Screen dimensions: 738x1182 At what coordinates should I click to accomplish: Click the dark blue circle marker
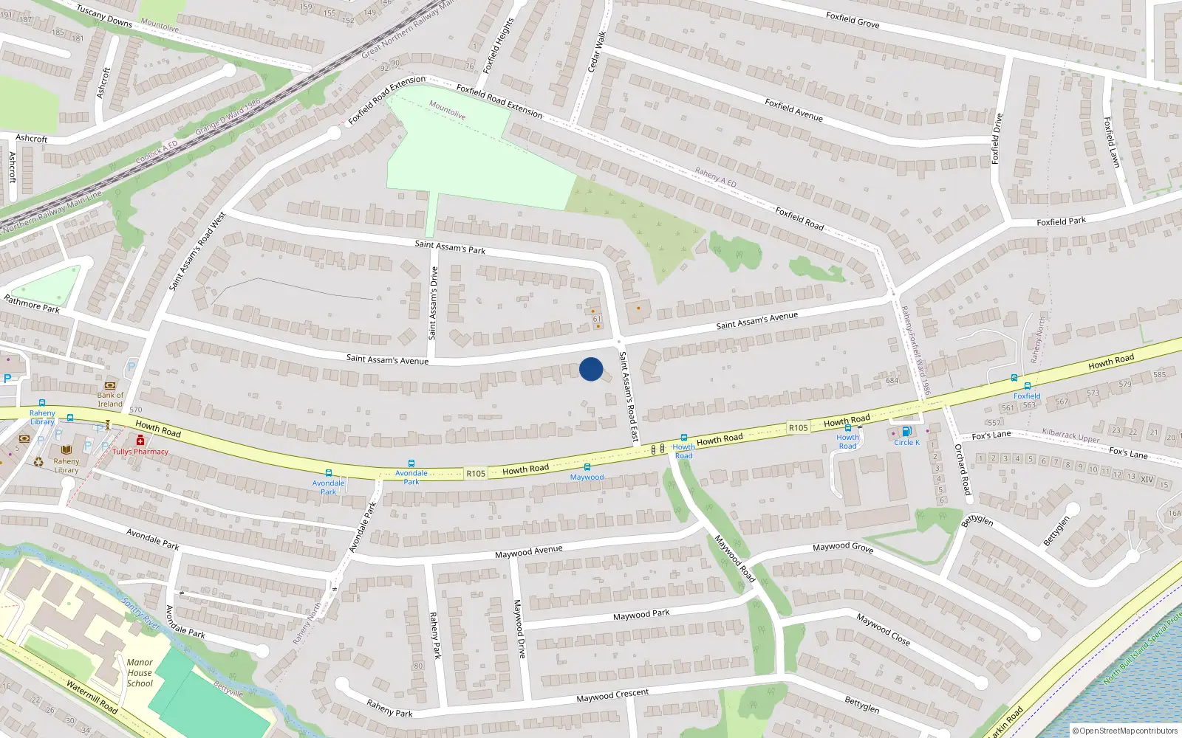click(x=591, y=369)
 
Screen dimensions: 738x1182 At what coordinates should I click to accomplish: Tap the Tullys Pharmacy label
click(x=140, y=452)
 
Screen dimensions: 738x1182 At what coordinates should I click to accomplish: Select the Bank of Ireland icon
click(x=110, y=385)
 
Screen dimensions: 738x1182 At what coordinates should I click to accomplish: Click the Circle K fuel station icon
click(x=906, y=431)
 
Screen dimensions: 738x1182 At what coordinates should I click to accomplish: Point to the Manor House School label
click(x=140, y=673)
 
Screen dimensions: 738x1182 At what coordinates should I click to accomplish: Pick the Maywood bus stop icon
click(x=587, y=467)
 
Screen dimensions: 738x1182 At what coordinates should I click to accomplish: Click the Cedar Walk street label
click(x=596, y=52)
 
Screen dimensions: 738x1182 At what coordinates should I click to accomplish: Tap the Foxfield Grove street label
click(x=853, y=20)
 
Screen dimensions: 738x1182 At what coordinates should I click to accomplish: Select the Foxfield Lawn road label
click(x=1112, y=142)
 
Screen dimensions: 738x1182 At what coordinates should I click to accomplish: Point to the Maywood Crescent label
click(x=612, y=695)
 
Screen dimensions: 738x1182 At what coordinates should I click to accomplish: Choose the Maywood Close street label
click(x=883, y=629)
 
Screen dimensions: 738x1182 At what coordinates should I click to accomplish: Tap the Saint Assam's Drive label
click(x=434, y=303)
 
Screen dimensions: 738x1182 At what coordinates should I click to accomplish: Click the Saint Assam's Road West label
click(x=197, y=252)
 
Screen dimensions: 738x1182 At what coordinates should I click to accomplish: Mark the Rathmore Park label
click(x=32, y=304)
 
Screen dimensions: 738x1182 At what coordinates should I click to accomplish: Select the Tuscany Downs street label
click(x=104, y=16)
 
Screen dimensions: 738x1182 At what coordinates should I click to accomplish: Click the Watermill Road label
click(x=92, y=697)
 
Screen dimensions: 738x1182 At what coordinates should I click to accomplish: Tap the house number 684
click(x=892, y=381)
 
